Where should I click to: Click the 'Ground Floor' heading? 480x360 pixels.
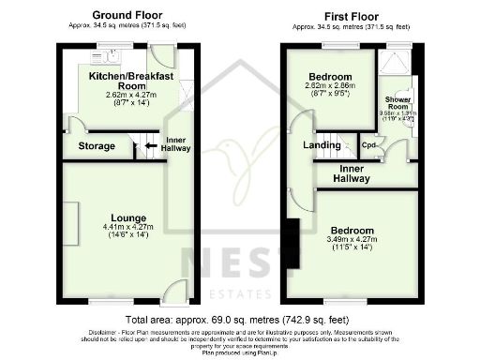127,16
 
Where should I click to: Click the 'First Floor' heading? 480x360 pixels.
351,16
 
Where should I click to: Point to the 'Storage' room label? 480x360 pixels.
97,146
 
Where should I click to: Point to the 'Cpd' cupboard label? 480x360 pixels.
370,145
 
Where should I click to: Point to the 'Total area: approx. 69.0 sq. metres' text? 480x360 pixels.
187,320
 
